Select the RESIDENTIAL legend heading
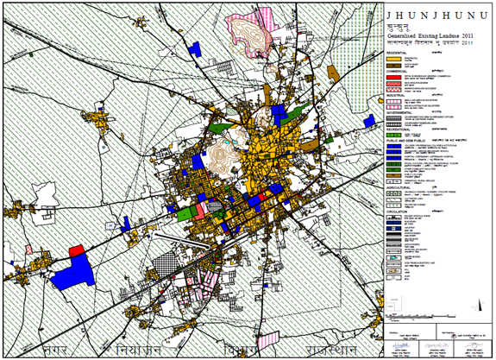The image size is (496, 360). click(398, 51)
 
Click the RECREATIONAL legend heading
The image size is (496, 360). click(399, 129)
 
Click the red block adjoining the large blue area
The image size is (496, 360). click(76, 249)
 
